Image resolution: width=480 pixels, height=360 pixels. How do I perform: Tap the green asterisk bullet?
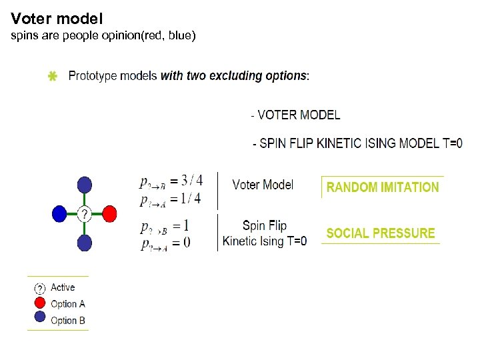pyautogui.click(x=53, y=77)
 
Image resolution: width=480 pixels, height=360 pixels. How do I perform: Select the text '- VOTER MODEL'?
pyautogui.click(x=295, y=115)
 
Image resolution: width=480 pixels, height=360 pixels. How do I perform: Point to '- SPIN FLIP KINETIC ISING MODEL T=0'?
pyautogui.click(x=357, y=143)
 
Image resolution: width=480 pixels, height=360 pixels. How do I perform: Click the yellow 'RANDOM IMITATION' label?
pyautogui.click(x=383, y=187)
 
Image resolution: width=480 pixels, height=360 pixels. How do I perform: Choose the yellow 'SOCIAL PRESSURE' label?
pyautogui.click(x=380, y=233)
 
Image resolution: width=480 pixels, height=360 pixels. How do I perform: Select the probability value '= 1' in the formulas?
pyautogui.click(x=180, y=225)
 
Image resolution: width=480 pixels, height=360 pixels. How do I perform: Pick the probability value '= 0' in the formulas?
pyautogui.click(x=180, y=243)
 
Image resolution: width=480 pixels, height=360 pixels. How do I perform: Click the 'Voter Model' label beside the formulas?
pyautogui.click(x=263, y=185)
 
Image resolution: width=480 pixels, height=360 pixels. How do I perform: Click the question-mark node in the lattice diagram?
pyautogui.click(x=85, y=213)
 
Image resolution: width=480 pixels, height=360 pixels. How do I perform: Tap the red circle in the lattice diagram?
pyautogui.click(x=110, y=213)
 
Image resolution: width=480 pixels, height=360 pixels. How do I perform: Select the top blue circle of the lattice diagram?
pyautogui.click(x=85, y=185)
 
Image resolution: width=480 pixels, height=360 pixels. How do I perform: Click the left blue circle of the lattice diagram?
pyautogui.click(x=59, y=213)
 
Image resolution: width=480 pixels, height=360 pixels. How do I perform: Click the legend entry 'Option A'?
pyautogui.click(x=67, y=304)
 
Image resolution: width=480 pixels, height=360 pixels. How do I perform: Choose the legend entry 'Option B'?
pyautogui.click(x=67, y=321)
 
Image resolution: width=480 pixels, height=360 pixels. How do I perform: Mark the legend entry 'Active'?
pyautogui.click(x=63, y=287)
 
